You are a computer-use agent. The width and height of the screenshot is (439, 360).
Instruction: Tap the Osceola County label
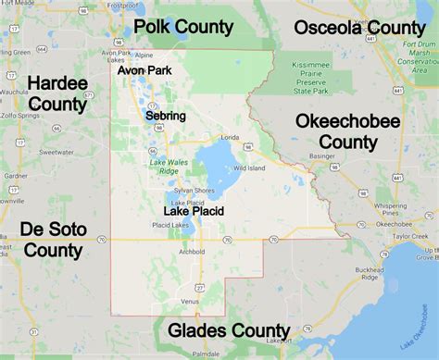(x=359, y=28)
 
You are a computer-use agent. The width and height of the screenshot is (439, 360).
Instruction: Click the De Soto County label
(x=51, y=239)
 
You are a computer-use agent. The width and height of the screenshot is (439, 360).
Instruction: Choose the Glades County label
(x=228, y=330)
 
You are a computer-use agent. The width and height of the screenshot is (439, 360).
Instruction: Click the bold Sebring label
(x=166, y=116)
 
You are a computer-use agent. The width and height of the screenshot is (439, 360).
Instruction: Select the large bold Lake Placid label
(x=194, y=211)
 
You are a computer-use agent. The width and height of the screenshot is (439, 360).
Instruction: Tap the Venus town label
(x=190, y=301)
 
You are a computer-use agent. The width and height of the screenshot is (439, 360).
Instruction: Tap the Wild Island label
(x=248, y=168)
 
